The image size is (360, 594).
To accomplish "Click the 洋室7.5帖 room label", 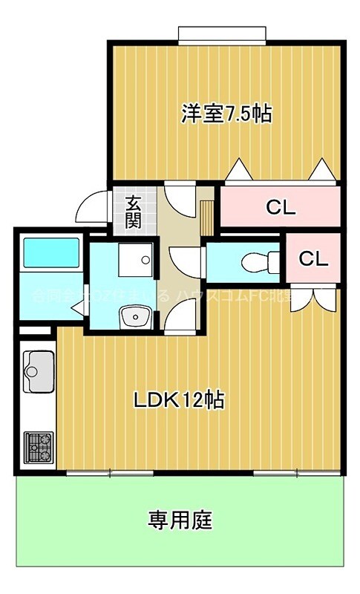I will tap(226, 114).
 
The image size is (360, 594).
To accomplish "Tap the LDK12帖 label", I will tap(180, 400).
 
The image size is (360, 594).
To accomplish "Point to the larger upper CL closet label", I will tap(281, 207).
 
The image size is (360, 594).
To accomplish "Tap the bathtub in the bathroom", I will tap(51, 253).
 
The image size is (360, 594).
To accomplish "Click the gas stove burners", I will tap(39, 446).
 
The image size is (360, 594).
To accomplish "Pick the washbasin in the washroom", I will tap(137, 318).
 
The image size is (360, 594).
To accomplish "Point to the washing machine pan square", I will tap(137, 261).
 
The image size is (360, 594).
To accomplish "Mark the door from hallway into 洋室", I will tap(179, 198).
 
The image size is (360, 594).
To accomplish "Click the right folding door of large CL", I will tap(321, 172).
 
